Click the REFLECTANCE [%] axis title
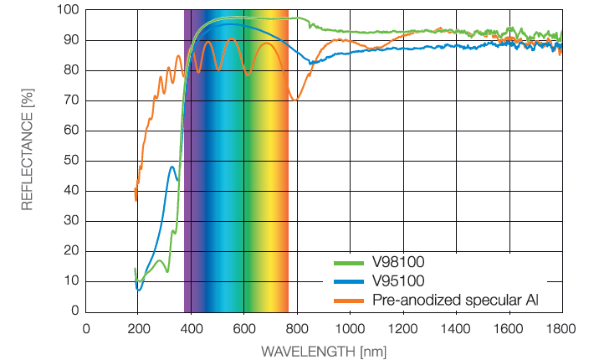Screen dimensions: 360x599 [x=27, y=158]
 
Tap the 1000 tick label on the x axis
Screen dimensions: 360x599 [x=350, y=328]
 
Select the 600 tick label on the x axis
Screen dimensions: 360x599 [x=243, y=328]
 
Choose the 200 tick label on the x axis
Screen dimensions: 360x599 [x=138, y=328]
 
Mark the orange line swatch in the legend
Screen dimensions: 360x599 [x=342, y=298]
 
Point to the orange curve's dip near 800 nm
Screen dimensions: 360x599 [x=294, y=100]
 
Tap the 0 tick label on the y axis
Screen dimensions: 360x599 [x=74, y=311]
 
